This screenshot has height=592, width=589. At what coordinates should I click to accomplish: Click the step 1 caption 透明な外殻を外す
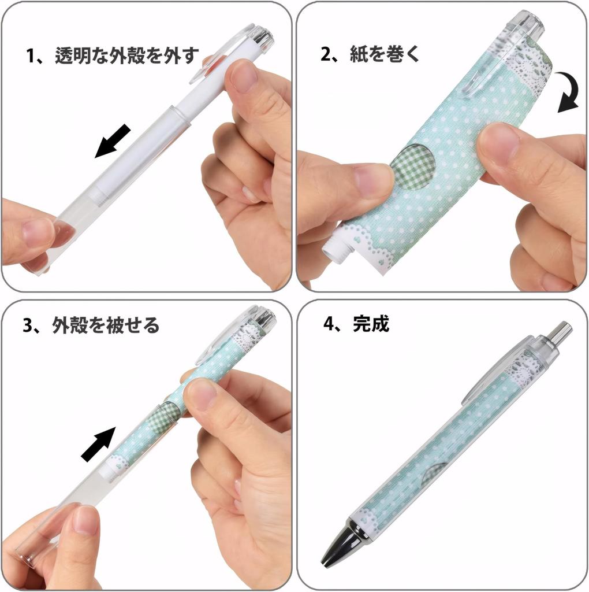(127, 57)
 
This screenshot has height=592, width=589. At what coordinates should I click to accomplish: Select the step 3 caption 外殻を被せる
(106, 325)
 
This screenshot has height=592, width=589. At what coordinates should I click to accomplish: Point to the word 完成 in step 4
(371, 324)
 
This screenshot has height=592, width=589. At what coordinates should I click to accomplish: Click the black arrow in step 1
(113, 140)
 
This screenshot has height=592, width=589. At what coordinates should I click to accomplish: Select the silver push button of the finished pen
(559, 332)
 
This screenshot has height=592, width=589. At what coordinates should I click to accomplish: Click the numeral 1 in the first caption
(31, 57)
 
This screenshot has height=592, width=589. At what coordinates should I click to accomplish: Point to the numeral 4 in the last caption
(329, 324)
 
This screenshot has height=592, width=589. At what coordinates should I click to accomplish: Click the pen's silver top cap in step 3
(266, 317)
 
